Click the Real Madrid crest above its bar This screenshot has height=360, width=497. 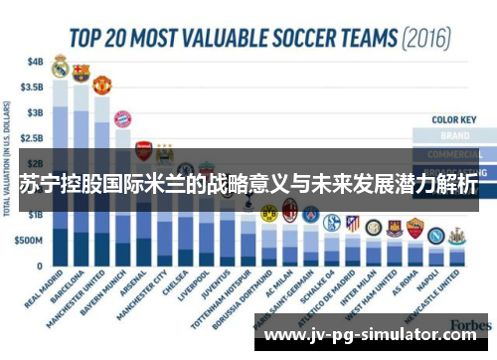(x=60, y=67)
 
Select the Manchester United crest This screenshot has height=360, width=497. (x=101, y=85)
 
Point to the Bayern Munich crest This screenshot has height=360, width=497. (x=122, y=119)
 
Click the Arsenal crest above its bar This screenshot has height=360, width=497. (x=143, y=149)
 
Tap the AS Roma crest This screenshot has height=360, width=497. (x=414, y=228)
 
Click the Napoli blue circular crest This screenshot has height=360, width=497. (x=435, y=235)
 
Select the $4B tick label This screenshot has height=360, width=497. (x=35, y=60)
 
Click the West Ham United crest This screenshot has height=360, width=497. (x=394, y=228)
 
